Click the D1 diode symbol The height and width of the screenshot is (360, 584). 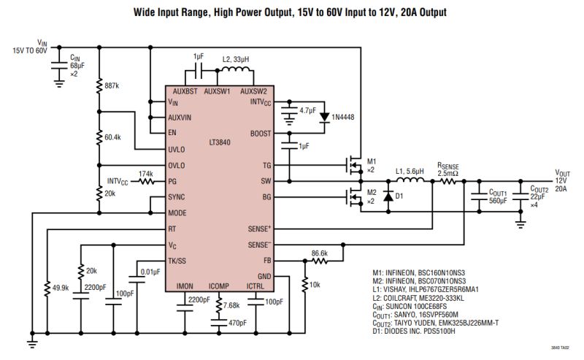point(388,196)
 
